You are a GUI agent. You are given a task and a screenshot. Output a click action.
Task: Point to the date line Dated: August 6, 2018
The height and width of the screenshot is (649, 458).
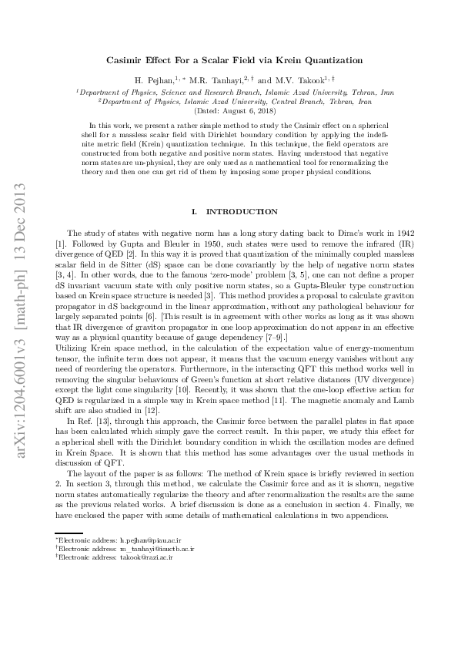click(x=229, y=110)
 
